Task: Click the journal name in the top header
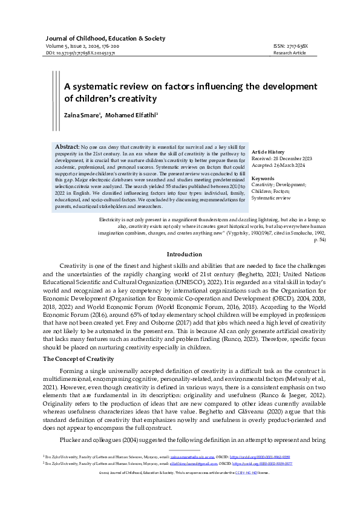click(x=105, y=37)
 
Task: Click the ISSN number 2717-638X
click(x=291, y=46)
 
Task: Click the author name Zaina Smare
click(x=83, y=115)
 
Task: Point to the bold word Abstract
click(x=67, y=147)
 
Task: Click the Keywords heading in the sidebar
click(x=263, y=178)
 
